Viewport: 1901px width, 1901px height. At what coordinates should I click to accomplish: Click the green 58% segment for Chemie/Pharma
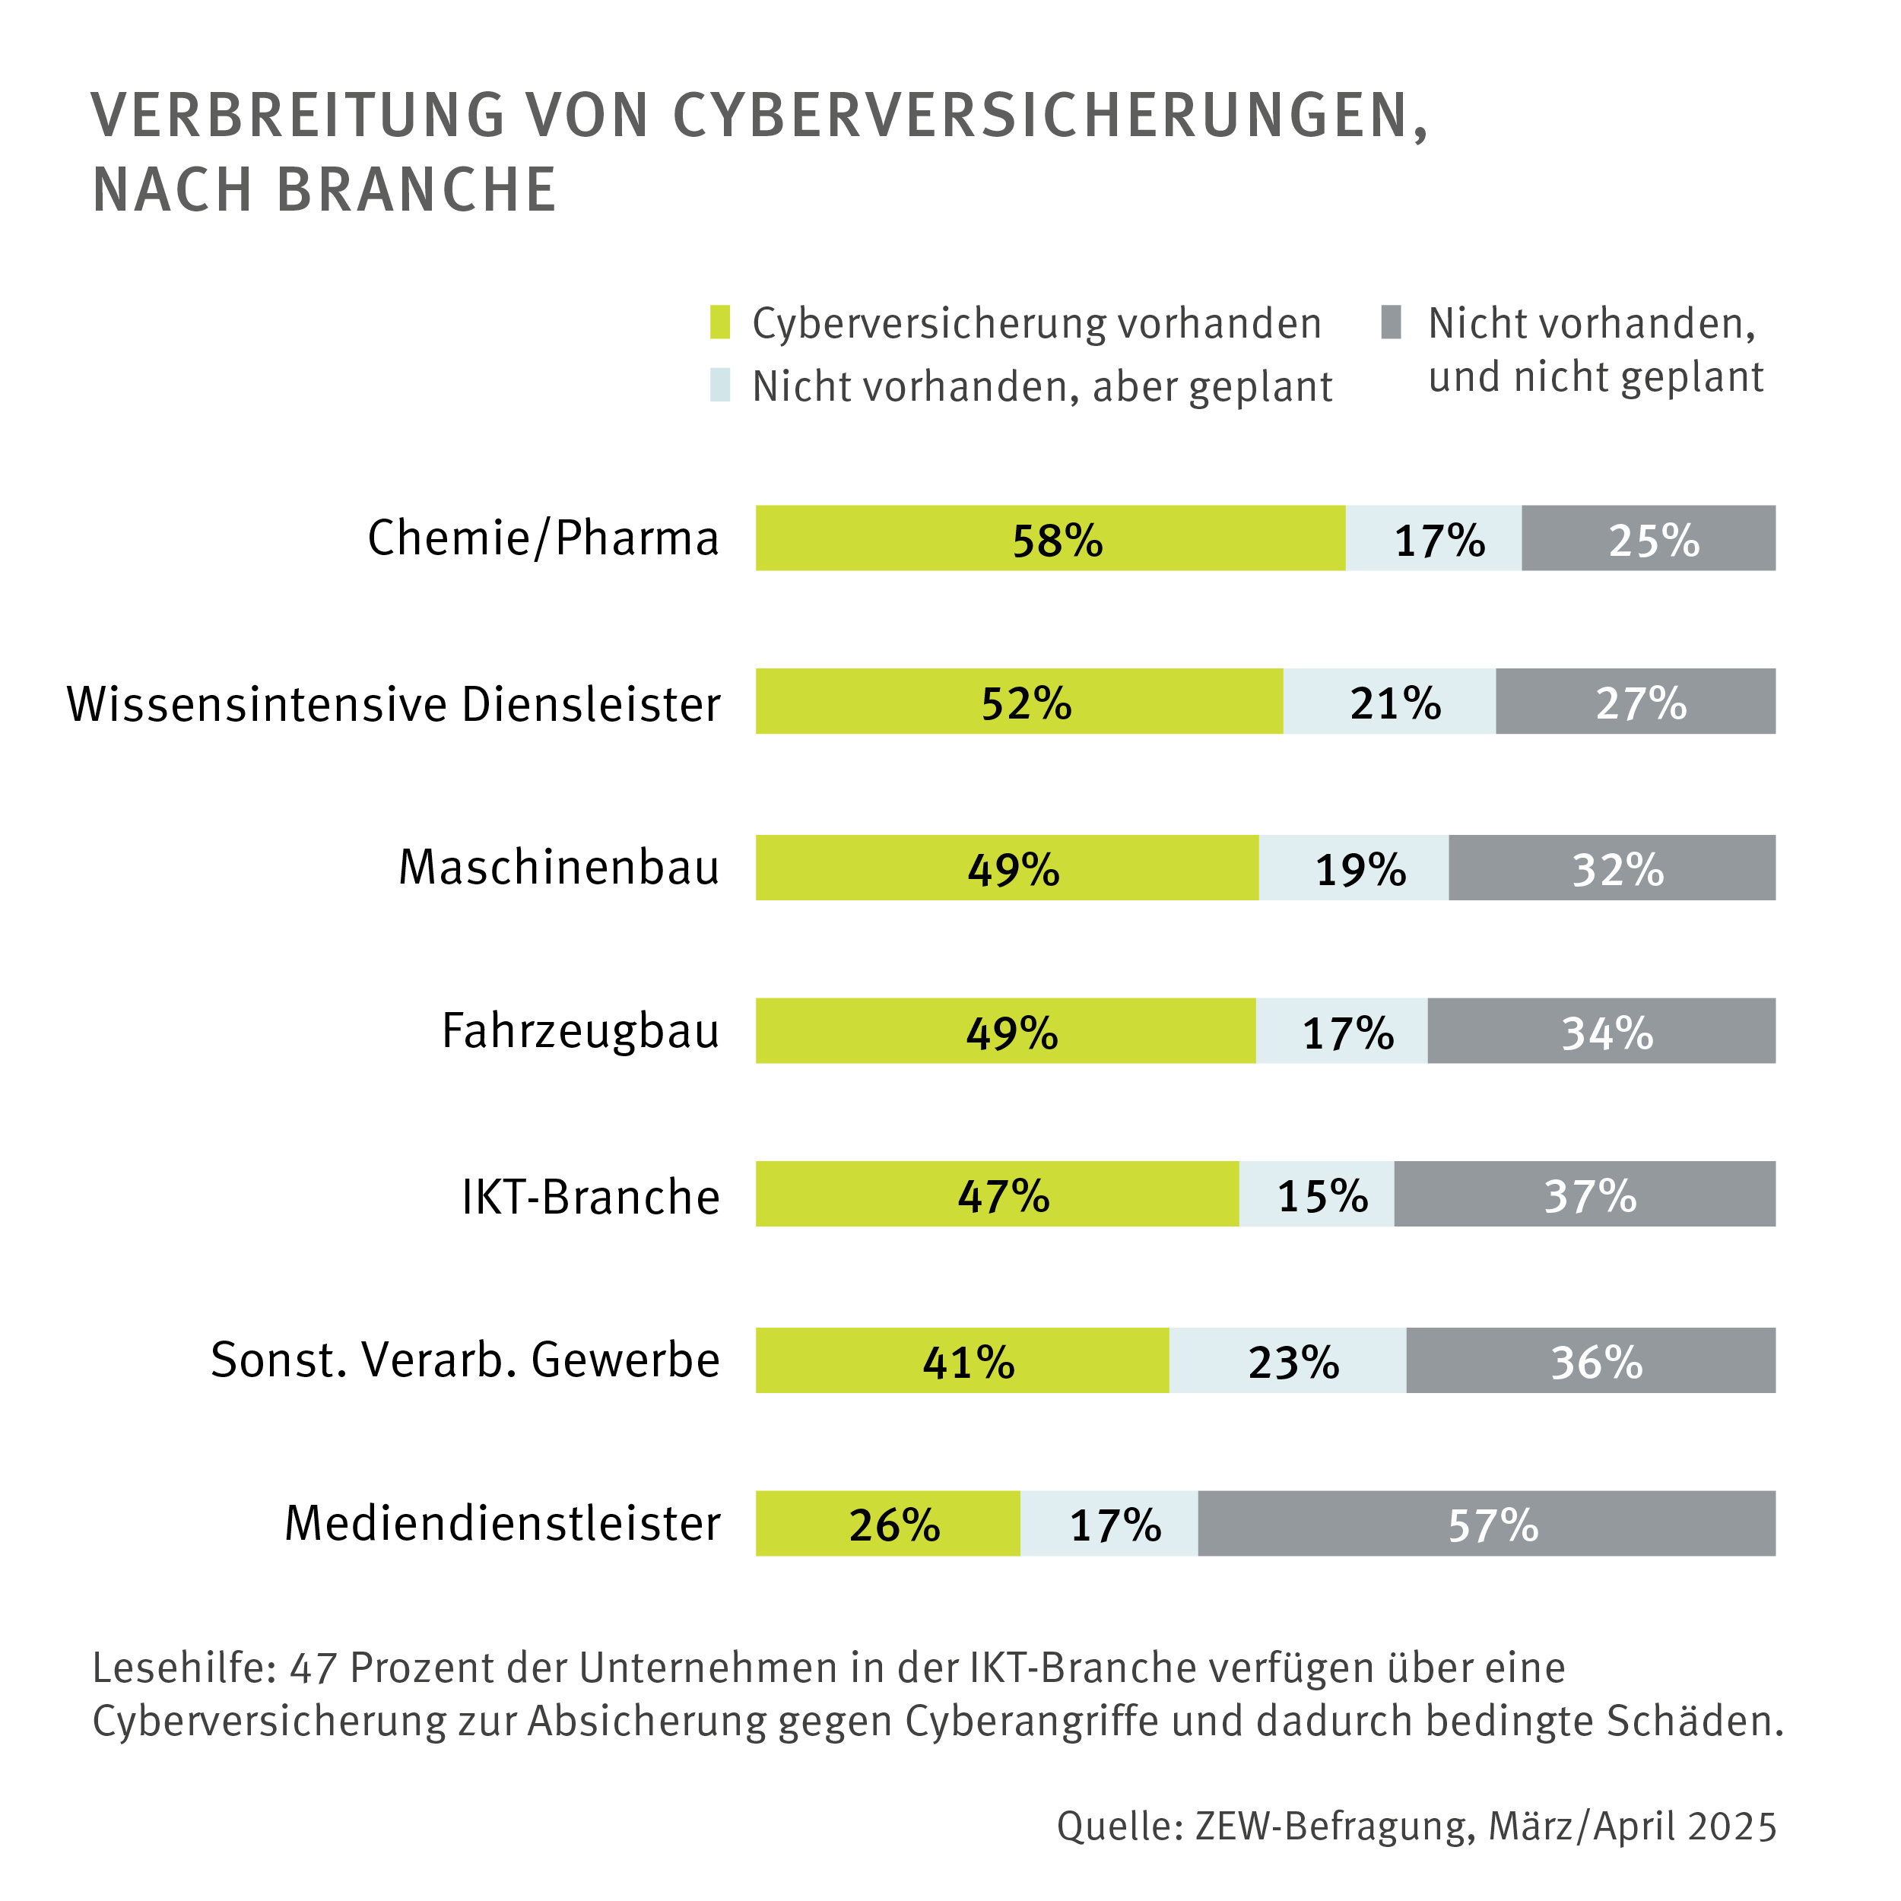pyautogui.click(x=1050, y=538)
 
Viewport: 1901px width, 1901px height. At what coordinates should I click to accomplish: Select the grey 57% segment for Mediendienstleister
pyautogui.click(x=1486, y=1523)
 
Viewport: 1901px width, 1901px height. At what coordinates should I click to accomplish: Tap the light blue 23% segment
pyautogui.click(x=1287, y=1360)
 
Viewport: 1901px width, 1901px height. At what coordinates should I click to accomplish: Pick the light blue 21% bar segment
pyautogui.click(x=1388, y=702)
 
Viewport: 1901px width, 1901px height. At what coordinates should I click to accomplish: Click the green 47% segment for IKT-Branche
pyautogui.click(x=997, y=1194)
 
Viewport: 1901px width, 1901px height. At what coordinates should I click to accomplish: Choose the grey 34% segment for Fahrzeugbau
pyautogui.click(x=1601, y=1031)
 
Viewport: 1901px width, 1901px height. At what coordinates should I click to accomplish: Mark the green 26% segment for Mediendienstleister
pyautogui.click(x=887, y=1523)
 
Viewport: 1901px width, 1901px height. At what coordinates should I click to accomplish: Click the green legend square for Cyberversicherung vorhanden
pyautogui.click(x=720, y=322)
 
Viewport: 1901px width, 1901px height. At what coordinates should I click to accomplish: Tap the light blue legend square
pyautogui.click(x=720, y=385)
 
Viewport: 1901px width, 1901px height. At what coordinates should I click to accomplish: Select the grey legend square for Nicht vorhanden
pyautogui.click(x=1390, y=322)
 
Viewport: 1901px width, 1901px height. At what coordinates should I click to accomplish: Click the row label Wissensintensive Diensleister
pyautogui.click(x=394, y=705)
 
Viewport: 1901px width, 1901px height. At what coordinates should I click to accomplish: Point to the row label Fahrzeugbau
pyautogui.click(x=580, y=1031)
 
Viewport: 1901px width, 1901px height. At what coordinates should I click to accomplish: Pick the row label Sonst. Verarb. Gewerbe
pyautogui.click(x=465, y=1360)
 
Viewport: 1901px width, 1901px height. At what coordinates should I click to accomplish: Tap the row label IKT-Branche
pyautogui.click(x=590, y=1196)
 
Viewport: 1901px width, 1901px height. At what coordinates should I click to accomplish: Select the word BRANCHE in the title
pyautogui.click(x=417, y=190)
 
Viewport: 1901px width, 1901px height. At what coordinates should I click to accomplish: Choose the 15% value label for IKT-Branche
pyautogui.click(x=1322, y=1195)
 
